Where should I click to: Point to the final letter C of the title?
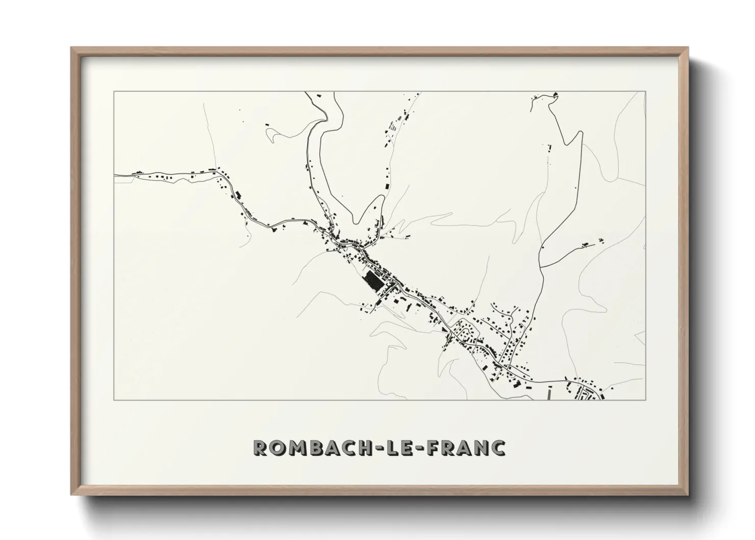coord(497,448)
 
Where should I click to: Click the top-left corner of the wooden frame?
coord(71,47)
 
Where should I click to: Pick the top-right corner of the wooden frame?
coord(689,47)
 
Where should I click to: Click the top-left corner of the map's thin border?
coord(114,92)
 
